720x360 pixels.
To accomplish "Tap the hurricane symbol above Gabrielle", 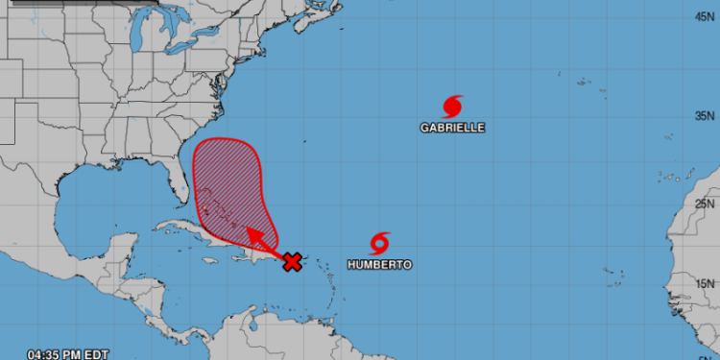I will pyautogui.click(x=452, y=106).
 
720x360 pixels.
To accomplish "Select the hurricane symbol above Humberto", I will pyautogui.click(x=381, y=241).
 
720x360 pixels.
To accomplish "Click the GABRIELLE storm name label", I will pyautogui.click(x=452, y=127).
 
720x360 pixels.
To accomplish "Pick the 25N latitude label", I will pyautogui.click(x=706, y=204).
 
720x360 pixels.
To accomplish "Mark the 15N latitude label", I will pyautogui.click(x=706, y=282).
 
